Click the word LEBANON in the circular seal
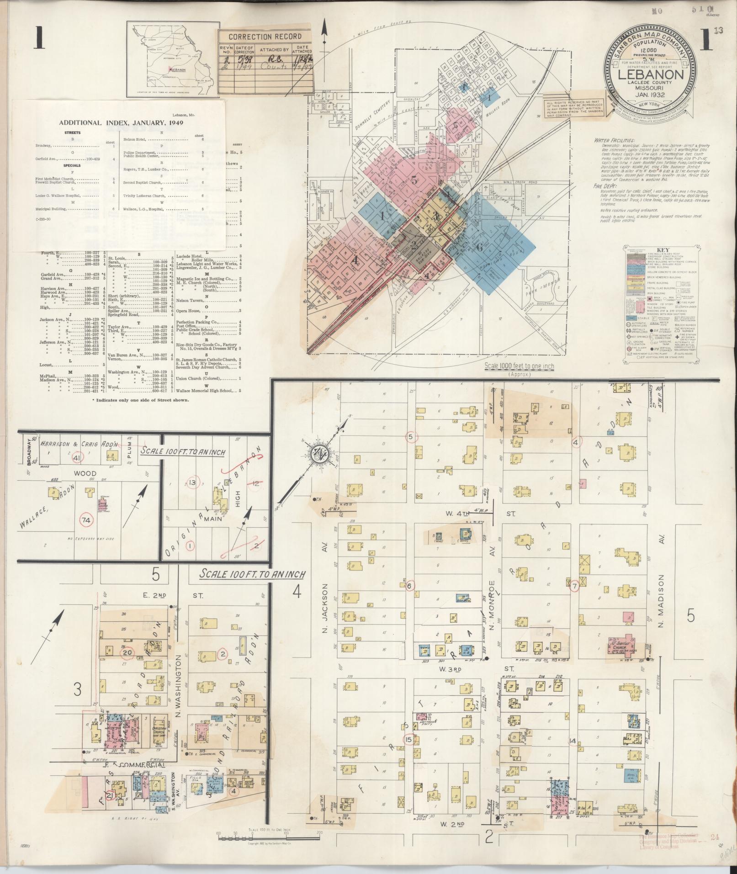(651, 75)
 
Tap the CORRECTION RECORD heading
(265, 37)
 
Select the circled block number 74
(85, 520)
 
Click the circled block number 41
(76, 457)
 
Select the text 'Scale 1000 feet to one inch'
(518, 366)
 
